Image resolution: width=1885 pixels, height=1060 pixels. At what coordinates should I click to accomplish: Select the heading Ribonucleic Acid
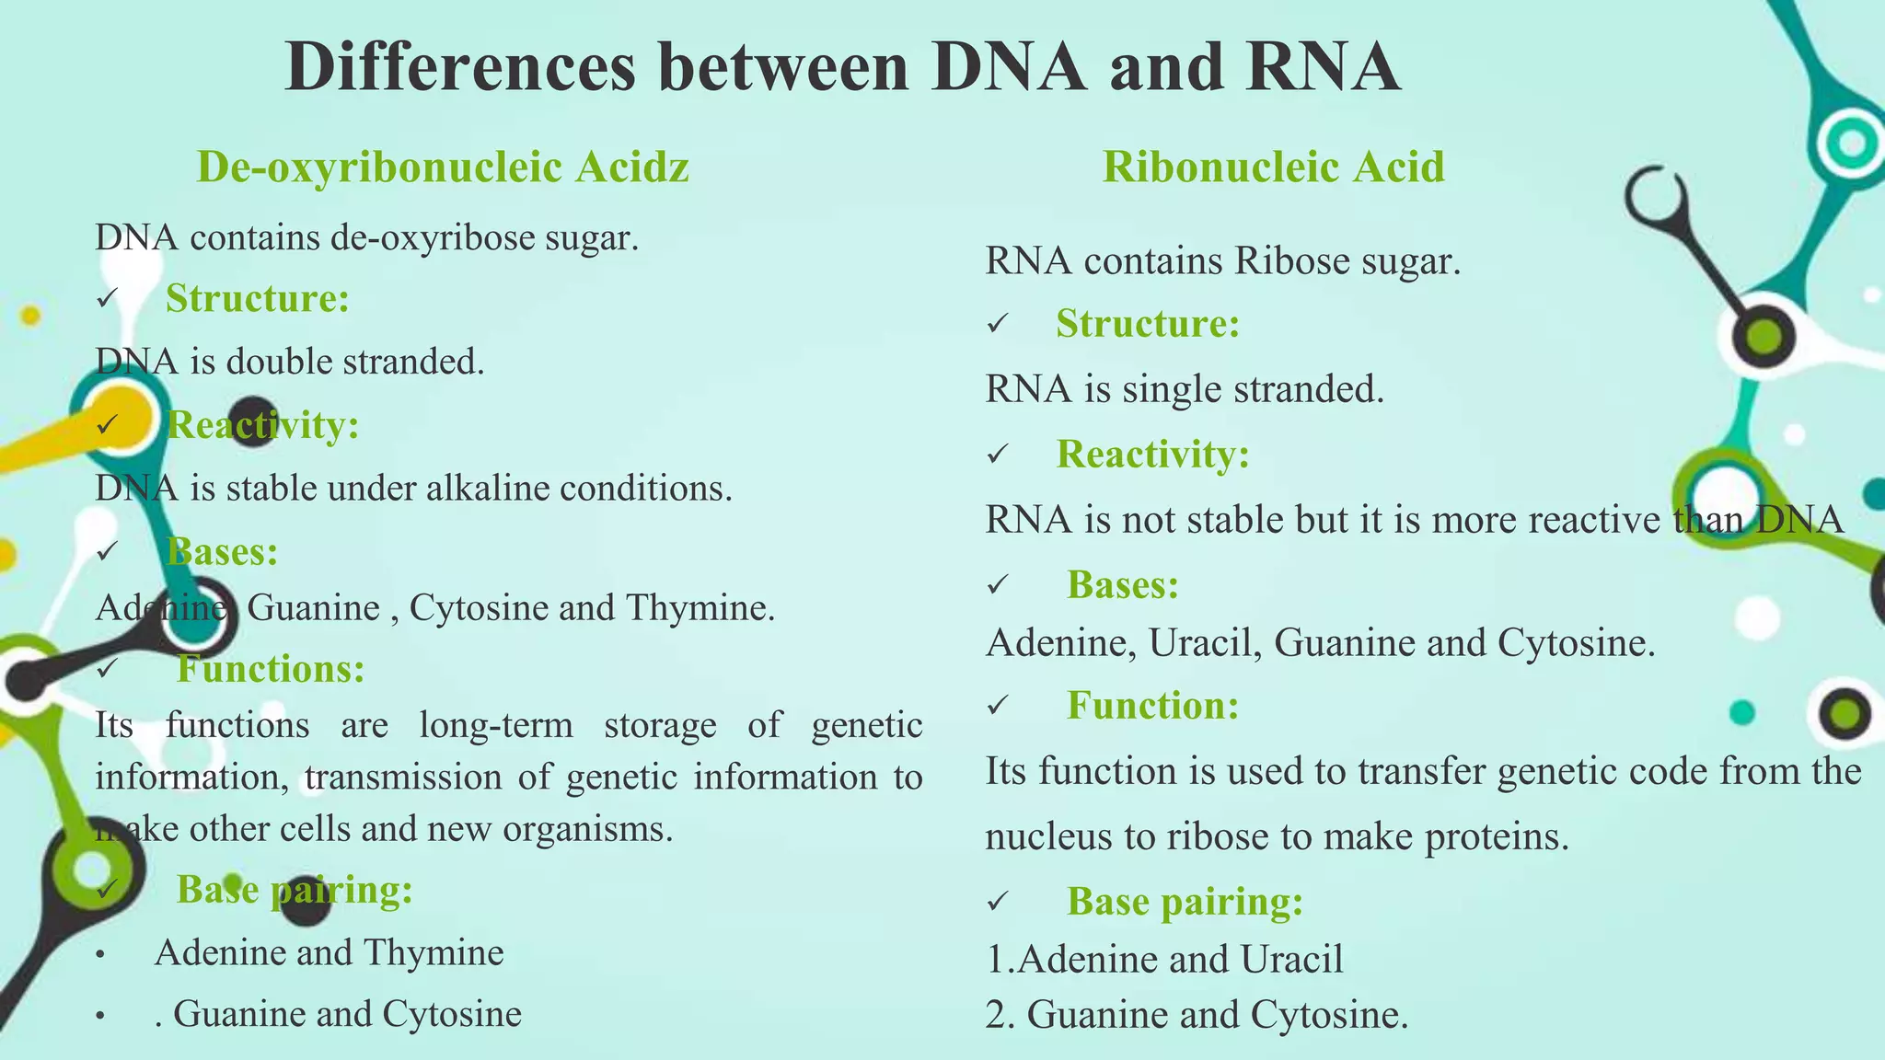click(1273, 167)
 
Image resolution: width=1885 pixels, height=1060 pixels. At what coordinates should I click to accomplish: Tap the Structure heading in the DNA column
click(257, 298)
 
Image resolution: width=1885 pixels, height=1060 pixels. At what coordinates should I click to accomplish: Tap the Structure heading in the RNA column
click(1148, 323)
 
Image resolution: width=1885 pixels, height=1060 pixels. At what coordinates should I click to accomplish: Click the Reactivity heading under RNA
click(1152, 454)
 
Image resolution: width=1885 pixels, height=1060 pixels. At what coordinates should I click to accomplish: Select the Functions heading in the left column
click(271, 668)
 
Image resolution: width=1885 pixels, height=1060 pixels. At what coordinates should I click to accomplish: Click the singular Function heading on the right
click(1152, 705)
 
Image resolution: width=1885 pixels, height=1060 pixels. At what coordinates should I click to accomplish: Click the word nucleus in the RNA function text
click(1049, 836)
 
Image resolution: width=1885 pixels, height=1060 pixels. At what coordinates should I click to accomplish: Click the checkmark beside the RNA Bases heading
click(999, 585)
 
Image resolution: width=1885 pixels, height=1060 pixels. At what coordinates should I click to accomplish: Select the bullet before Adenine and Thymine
click(101, 954)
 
